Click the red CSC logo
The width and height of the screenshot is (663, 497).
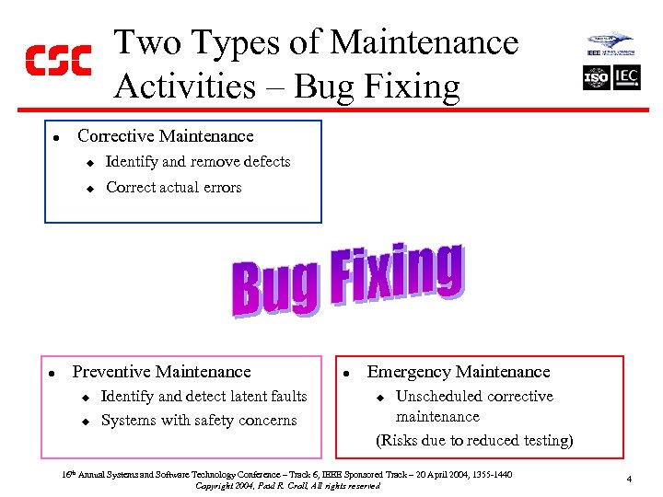point(57,60)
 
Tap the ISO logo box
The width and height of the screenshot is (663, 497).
point(596,77)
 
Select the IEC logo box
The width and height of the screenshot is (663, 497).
point(626,76)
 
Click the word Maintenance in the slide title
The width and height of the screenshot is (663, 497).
point(425,42)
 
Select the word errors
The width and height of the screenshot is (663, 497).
point(221,188)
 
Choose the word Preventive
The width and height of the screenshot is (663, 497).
point(111,372)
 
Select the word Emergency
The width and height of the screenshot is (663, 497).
point(408,372)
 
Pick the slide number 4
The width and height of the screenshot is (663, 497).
point(627,479)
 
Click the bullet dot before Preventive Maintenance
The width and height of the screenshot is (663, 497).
point(54,374)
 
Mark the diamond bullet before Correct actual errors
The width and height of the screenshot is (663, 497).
point(90,189)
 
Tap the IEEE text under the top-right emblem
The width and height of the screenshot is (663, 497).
point(595,53)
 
